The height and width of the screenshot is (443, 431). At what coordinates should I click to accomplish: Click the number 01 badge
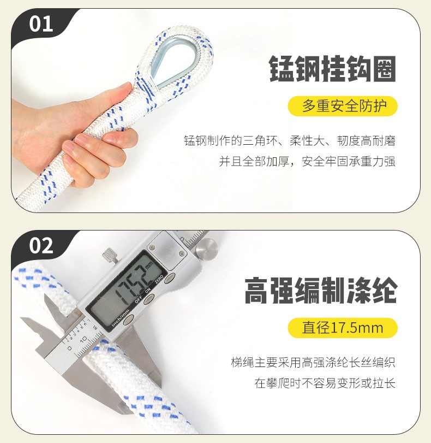coord(41,24)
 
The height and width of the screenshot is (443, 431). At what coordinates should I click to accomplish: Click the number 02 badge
coord(41,245)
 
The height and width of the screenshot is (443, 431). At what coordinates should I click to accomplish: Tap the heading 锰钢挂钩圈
coord(332,69)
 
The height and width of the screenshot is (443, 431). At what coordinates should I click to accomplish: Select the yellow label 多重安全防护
coord(343,106)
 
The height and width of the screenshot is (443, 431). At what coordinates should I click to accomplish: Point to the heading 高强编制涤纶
coord(321,291)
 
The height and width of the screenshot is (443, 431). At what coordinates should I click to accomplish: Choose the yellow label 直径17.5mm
coord(343,328)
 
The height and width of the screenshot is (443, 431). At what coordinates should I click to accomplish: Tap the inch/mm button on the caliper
coord(128,320)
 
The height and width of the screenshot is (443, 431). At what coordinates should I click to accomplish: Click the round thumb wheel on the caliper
coord(207,249)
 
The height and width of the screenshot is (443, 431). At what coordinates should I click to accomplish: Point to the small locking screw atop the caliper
coord(110,256)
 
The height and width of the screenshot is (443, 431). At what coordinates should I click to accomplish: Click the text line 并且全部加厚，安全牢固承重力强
coord(307,161)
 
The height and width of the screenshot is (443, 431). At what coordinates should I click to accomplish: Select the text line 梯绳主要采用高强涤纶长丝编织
coord(313,363)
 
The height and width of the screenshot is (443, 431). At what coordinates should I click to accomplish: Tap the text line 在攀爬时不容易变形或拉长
coord(325,383)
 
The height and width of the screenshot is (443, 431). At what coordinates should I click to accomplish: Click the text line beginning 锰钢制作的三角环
coord(290,141)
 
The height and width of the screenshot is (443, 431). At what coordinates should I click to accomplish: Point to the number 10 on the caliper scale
coord(83,339)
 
